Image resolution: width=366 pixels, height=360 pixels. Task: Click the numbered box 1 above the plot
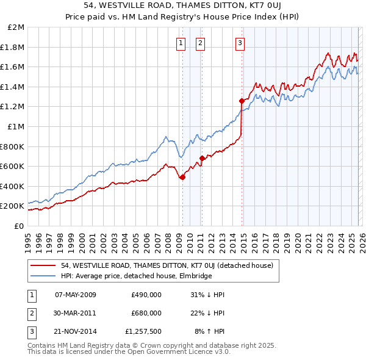point(182,43)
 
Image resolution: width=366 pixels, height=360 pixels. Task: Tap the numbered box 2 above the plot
point(201,43)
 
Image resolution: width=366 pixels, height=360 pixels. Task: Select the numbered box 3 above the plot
point(240,43)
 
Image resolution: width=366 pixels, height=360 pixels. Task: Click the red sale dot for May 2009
point(182,177)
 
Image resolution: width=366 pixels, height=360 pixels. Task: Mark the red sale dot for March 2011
point(202,158)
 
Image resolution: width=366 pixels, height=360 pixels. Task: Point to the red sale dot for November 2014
point(242,101)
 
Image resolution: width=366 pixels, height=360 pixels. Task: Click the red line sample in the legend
point(44,265)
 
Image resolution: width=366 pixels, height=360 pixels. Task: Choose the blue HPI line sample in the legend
point(44,276)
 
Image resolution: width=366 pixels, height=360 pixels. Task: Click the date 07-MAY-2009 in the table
point(76,295)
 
